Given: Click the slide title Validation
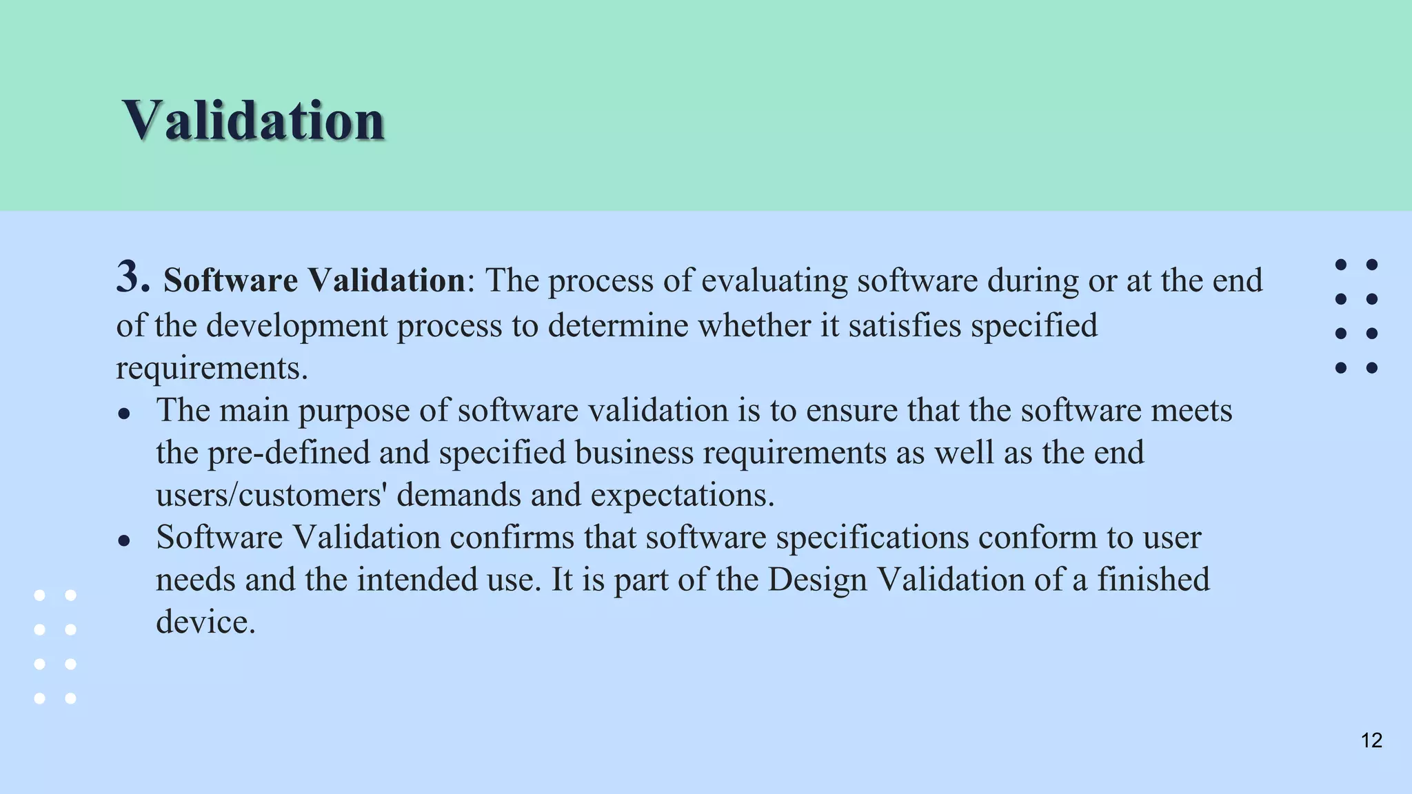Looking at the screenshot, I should pos(253,120).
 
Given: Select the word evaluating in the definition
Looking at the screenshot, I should pos(754,281).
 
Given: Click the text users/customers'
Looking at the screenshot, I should pos(270,495).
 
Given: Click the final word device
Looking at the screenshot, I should pos(205,622).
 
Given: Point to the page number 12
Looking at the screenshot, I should pos(1371,740).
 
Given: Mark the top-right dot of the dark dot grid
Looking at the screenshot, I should pos(1372,265).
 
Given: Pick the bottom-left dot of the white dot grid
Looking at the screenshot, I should pos(40,698).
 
